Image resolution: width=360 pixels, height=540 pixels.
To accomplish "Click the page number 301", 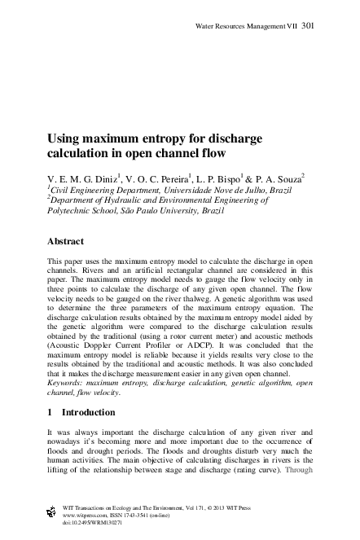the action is tap(308, 26).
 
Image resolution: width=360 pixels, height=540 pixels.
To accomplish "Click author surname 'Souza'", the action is tap(287, 177).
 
